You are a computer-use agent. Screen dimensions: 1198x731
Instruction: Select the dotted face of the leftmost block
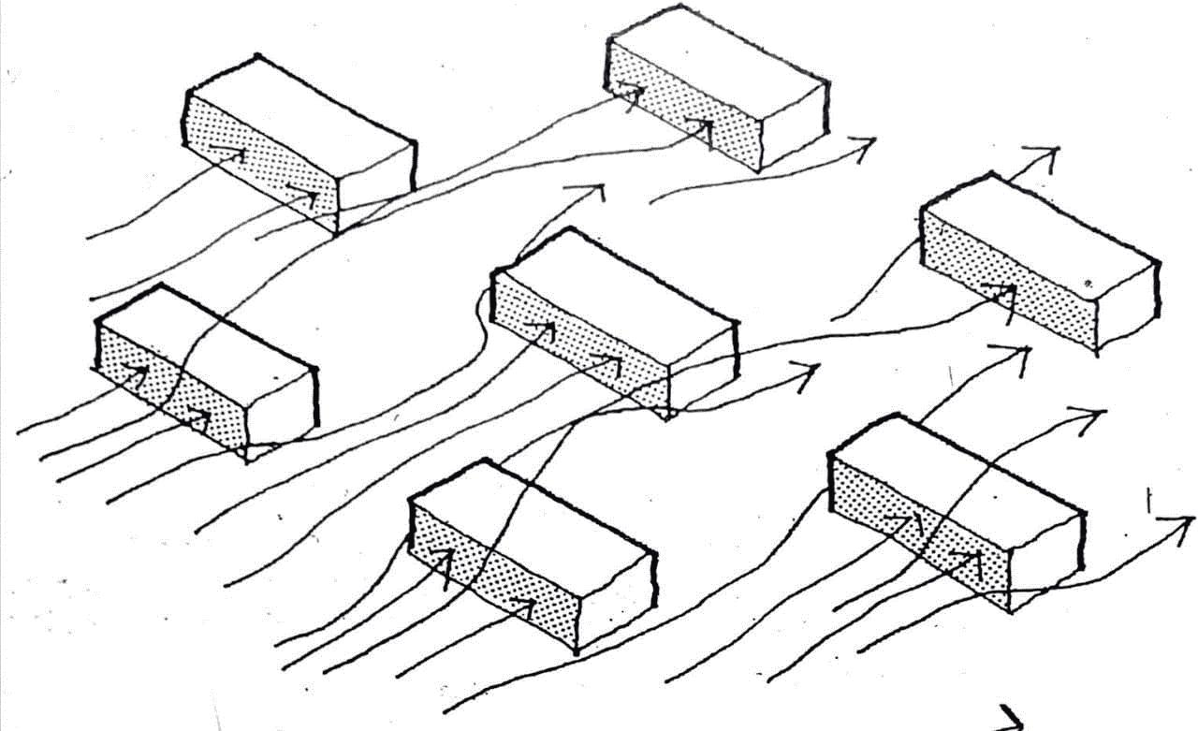168,384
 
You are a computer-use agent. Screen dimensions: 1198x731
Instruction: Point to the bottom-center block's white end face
613,599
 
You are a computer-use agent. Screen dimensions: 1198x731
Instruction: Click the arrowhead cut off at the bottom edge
1009,719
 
